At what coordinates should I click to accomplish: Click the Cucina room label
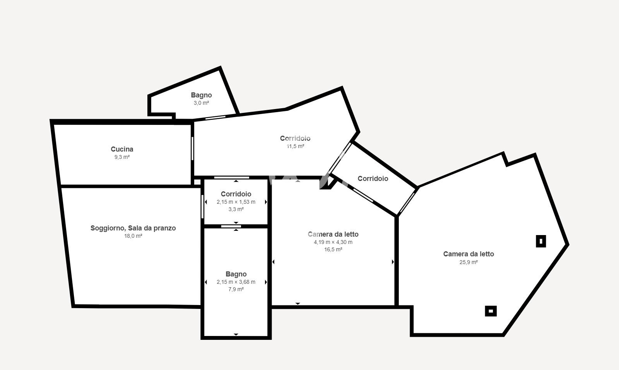pos(122,149)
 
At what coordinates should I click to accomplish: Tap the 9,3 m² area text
pos(122,157)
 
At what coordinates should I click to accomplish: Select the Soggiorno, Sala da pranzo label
pos(133,228)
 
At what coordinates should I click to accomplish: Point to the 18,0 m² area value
pos(133,236)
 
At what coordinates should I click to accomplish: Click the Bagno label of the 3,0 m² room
pos(202,95)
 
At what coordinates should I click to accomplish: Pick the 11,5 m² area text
pos(296,146)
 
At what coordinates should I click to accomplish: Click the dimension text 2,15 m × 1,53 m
pos(236,202)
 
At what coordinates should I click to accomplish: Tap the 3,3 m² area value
pos(236,209)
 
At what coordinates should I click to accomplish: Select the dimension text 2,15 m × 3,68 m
pos(236,282)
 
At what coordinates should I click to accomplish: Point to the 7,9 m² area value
pos(236,289)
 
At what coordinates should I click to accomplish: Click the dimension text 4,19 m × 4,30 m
pos(333,242)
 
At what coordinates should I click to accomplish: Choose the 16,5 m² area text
pos(333,250)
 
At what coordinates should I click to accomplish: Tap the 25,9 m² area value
pos(469,262)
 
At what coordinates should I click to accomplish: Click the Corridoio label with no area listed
pos(373,179)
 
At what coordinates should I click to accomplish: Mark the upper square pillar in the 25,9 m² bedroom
pos(541,241)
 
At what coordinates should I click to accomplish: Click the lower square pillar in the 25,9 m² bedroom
pos(491,311)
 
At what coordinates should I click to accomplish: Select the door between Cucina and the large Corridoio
pos(192,148)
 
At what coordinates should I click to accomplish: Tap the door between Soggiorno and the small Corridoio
pos(202,206)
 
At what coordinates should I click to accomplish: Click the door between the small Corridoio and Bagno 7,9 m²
pos(231,227)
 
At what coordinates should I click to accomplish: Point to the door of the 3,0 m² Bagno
pos(215,118)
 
